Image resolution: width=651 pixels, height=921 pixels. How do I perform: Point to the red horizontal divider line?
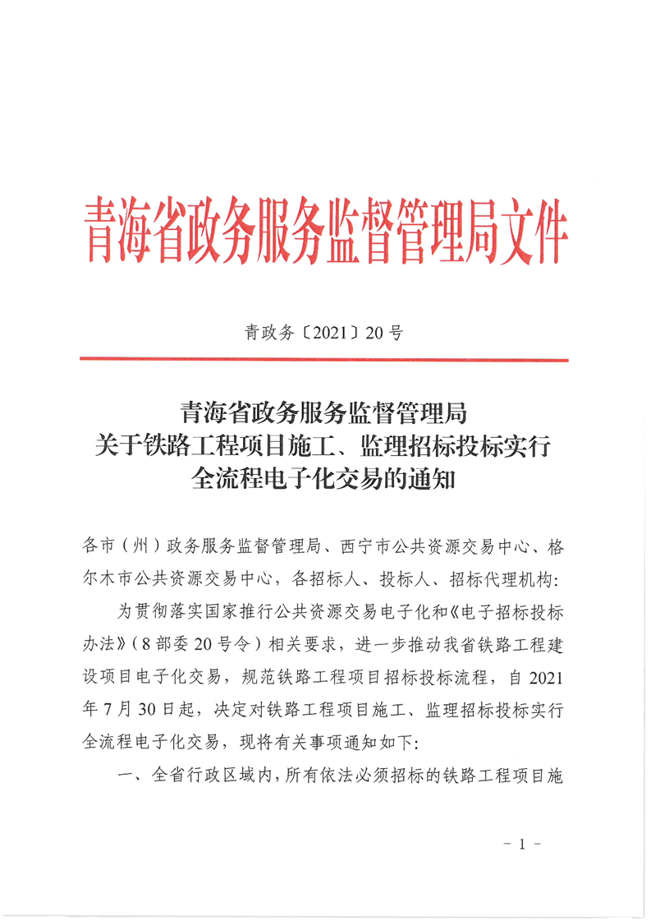click(x=324, y=360)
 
